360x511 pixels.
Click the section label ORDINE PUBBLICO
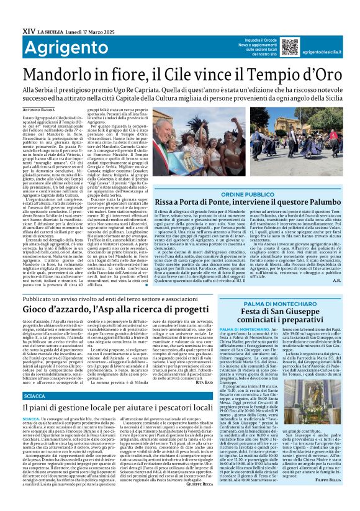tap(247, 195)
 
